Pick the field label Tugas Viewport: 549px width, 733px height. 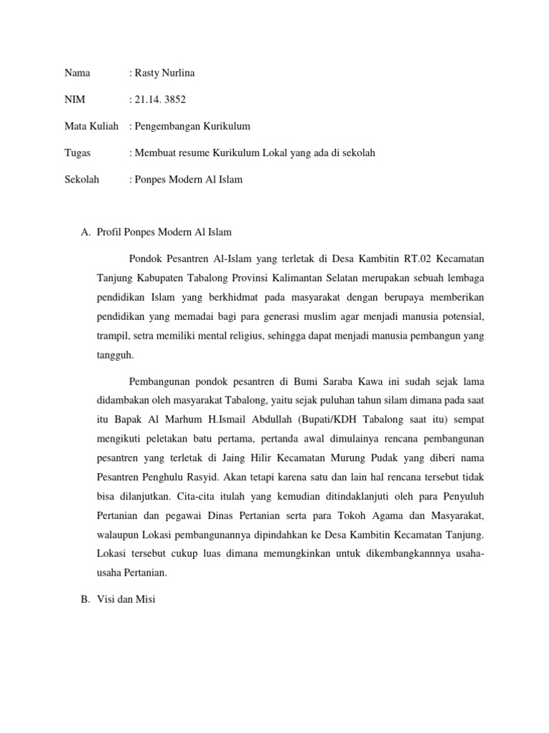[x=78, y=152]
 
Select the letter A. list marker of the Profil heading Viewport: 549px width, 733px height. [x=86, y=232]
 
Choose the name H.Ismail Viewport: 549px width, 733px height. [x=247, y=419]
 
